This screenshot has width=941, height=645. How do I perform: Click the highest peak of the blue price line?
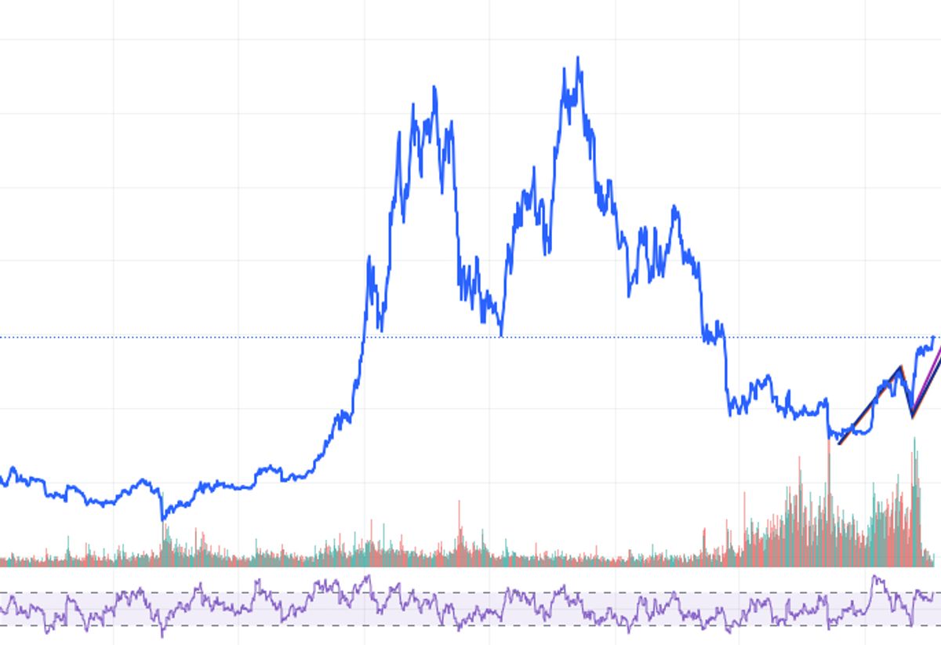pos(578,57)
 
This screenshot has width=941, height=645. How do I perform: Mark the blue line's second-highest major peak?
pos(434,87)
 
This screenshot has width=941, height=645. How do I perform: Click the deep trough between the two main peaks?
pos(501,334)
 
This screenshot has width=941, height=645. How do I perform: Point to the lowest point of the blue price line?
pos(163,519)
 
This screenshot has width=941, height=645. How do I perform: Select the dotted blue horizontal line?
pos(235,337)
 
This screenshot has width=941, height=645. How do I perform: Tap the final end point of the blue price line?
pos(933,337)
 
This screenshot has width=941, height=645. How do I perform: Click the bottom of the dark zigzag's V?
pos(912,416)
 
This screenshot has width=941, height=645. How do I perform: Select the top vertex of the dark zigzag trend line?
pos(900,367)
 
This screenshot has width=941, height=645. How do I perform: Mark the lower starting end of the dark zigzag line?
pos(840,443)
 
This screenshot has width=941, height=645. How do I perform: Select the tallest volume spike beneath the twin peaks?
pos(460,503)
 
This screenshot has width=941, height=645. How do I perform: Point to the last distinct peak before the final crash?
pos(674,207)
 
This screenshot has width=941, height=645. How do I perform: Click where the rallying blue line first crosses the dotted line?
pos(363,337)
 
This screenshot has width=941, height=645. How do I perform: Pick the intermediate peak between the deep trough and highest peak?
pos(533,168)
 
